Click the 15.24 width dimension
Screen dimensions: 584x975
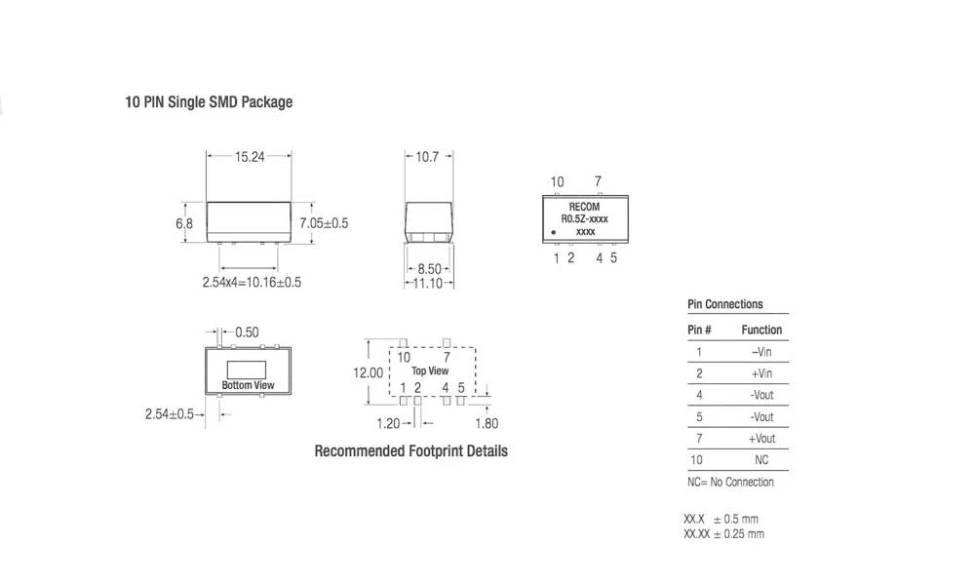[250, 156]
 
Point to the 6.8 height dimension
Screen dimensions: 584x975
[184, 223]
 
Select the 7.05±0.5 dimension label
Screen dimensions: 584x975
[324, 223]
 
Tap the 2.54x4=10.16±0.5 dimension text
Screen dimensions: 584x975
[252, 282]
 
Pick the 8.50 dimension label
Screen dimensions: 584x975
[429, 268]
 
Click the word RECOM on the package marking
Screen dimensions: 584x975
[584, 207]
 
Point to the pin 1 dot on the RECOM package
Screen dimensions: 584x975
[555, 232]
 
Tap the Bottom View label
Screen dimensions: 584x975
[248, 385]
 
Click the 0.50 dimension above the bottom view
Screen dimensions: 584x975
[247, 332]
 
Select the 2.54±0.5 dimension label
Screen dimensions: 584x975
[170, 414]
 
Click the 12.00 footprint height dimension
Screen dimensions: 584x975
[368, 372]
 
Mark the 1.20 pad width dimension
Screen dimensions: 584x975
[389, 423]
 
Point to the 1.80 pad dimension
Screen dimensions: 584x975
[487, 423]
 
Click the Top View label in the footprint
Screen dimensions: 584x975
[430, 371]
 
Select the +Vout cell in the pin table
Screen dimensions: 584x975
[761, 439]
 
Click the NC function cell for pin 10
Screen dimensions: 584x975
[761, 460]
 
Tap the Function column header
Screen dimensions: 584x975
[761, 330]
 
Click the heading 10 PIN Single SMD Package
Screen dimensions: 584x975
[209, 101]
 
